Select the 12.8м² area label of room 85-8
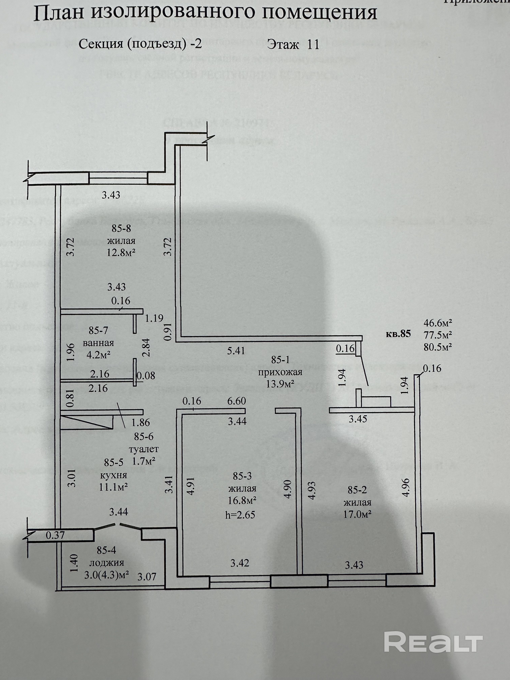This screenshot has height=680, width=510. click(x=121, y=252)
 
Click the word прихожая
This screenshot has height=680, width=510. click(x=280, y=373)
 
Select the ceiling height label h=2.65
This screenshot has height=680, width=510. click(x=240, y=515)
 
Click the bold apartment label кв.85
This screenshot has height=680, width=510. click(x=398, y=334)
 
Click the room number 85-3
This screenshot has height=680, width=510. click(x=242, y=476)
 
